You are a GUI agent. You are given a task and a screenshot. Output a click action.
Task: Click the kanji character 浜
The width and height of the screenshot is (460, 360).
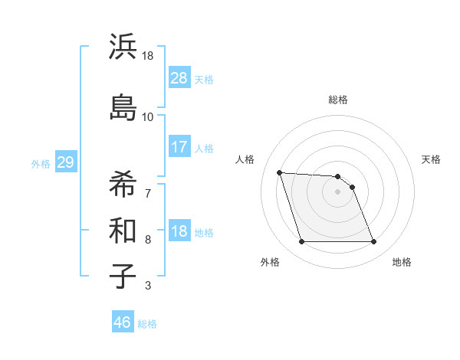coord(123,47)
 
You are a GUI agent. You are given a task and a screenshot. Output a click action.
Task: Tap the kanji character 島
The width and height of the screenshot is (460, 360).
coord(123,107)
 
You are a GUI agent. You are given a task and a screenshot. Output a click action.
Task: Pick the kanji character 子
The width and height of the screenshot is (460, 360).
coord(123,275)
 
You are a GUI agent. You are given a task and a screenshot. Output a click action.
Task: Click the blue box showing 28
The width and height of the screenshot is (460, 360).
coord(179,78)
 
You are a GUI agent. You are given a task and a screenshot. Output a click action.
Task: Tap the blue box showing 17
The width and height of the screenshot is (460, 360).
coord(179,146)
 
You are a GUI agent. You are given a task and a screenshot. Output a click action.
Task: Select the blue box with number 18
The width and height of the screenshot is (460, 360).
coord(179,231)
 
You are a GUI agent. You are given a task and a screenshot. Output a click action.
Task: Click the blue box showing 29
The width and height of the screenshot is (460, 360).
coord(65,162)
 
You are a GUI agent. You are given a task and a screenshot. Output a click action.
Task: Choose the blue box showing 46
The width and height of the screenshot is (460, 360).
coord(123,322)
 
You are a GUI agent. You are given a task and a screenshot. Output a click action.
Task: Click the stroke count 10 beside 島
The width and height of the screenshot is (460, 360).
coord(147,117)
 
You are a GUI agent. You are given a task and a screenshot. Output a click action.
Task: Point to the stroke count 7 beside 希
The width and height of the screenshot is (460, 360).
coord(147,192)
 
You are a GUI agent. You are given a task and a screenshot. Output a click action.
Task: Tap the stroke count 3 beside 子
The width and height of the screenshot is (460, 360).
coord(147,286)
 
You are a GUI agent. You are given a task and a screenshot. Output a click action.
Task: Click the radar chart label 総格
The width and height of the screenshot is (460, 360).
coord(338,100)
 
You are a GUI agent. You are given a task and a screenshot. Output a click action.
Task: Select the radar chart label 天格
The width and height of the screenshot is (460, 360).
coord(431,159)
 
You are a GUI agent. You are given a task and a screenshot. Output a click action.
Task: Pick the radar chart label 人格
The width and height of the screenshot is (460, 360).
coord(245,159)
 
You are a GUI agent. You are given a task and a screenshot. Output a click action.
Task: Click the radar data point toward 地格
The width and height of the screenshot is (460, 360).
coord(373,242)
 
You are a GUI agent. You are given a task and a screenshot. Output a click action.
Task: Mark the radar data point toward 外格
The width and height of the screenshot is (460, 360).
coord(301,242)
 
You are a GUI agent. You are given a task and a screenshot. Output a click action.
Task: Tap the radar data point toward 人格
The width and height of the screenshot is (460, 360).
coord(280,172)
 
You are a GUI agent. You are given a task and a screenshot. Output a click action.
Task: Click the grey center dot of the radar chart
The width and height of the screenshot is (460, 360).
coord(337,191)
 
